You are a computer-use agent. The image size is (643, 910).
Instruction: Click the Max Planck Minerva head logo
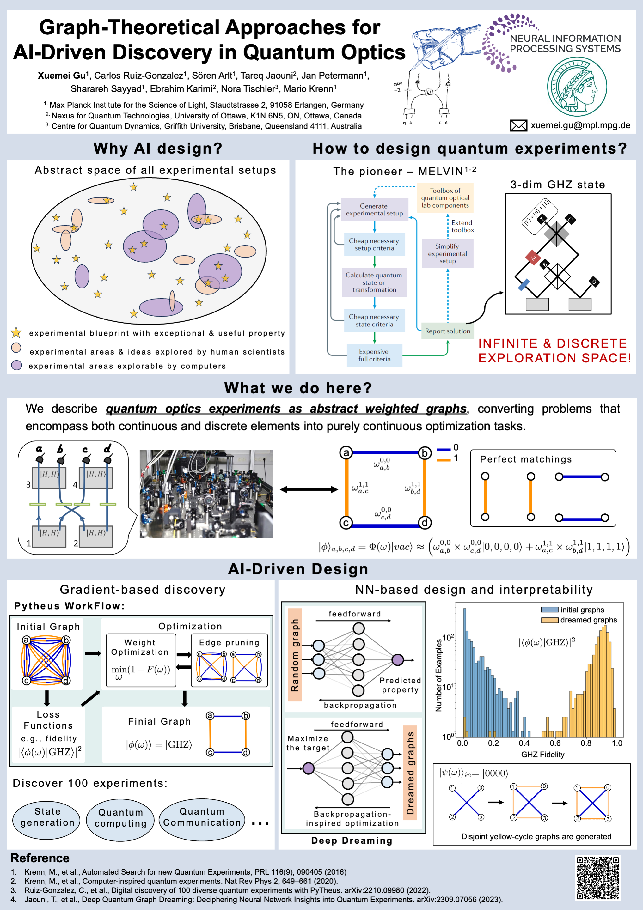577,86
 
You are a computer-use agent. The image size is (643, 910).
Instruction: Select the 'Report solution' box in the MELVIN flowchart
448,331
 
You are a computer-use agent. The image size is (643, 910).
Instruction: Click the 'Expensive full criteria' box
374,355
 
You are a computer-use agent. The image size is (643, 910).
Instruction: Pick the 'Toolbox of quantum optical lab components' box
445,198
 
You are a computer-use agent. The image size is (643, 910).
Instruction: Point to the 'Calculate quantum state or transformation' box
374,282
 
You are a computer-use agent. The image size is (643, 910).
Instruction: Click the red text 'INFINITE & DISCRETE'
552,343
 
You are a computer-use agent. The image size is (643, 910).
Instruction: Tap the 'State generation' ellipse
47,817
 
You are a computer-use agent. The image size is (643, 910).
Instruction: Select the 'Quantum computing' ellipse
120,818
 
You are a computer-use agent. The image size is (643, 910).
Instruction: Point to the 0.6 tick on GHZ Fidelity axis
555,743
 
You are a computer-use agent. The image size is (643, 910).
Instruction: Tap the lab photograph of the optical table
206,494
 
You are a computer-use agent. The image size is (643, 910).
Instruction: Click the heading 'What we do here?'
298,388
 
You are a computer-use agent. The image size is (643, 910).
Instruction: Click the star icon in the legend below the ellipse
16,332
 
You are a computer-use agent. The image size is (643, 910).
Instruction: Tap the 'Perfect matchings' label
526,459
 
